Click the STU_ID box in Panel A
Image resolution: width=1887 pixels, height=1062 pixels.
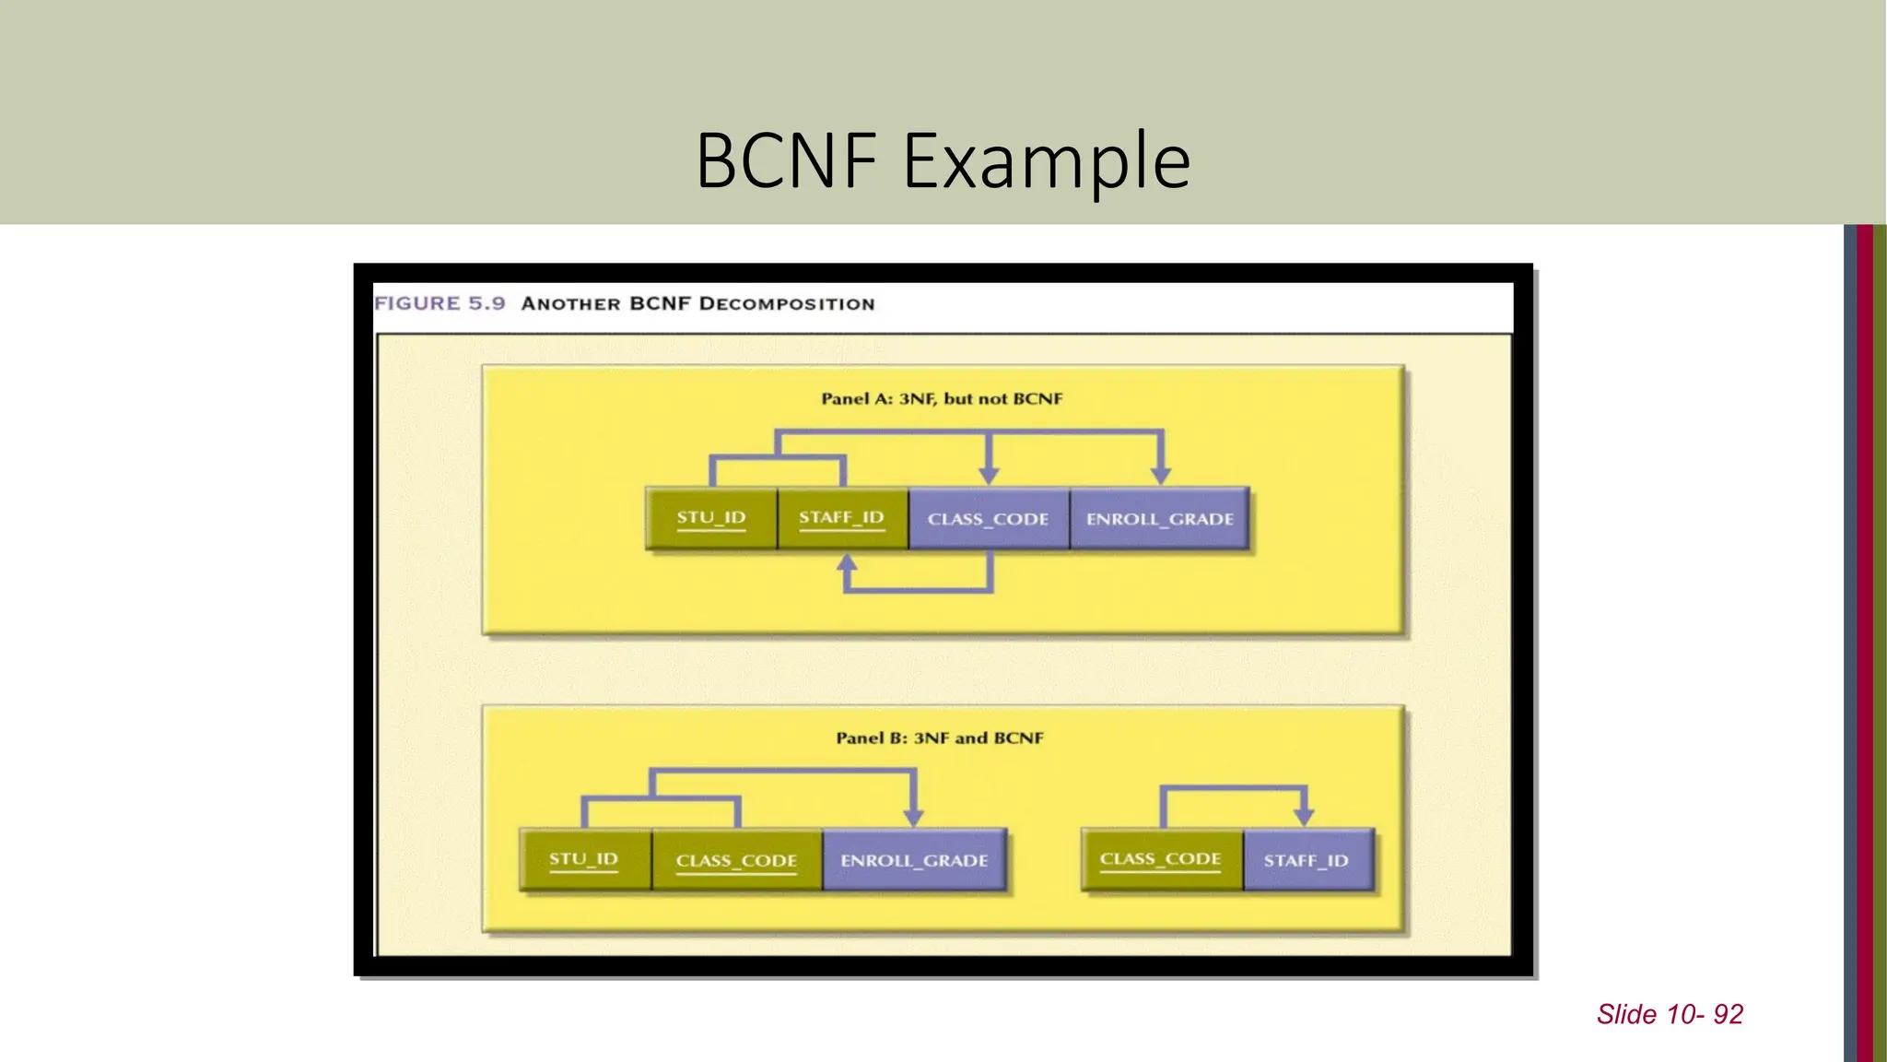click(x=711, y=518)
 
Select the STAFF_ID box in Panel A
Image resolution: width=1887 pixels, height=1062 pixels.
click(x=842, y=518)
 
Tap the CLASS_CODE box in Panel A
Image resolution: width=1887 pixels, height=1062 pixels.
click(x=989, y=519)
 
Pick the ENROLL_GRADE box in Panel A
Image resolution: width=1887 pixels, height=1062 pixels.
click(x=1159, y=519)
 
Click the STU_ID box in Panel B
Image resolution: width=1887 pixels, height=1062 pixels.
click(x=584, y=859)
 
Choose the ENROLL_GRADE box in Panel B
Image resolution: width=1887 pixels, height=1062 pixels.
click(x=914, y=860)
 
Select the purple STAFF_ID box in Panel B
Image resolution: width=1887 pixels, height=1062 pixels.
click(x=1307, y=860)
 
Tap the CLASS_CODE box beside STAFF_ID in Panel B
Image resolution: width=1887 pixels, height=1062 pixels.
click(x=1161, y=859)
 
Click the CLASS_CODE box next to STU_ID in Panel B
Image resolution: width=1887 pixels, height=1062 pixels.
click(x=736, y=860)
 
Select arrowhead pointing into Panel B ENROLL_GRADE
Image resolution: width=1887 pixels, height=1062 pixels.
click(x=913, y=817)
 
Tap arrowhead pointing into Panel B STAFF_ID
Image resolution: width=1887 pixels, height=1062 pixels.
click(x=1304, y=817)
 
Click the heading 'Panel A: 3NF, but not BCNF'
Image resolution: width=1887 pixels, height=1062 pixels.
click(x=942, y=399)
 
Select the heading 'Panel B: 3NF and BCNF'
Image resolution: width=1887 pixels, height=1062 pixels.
click(x=940, y=738)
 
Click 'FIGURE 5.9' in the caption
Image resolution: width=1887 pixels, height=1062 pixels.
click(x=440, y=303)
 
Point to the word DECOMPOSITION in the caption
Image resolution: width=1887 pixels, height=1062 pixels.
click(x=787, y=304)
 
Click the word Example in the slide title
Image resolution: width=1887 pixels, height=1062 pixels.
click(x=1047, y=161)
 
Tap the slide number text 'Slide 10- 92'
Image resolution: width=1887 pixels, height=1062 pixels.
click(x=1670, y=1014)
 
